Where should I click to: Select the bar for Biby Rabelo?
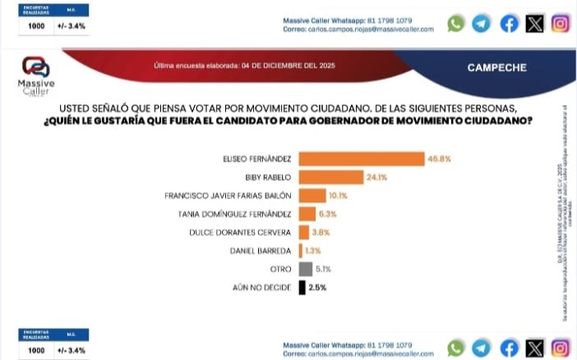pyautogui.click(x=331, y=177)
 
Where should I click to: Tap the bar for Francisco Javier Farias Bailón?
pyautogui.click(x=312, y=196)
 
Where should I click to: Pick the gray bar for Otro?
pyautogui.click(x=305, y=268)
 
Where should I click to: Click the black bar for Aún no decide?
pyautogui.click(x=302, y=287)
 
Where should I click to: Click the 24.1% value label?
pyautogui.click(x=377, y=177)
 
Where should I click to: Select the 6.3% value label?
pyautogui.click(x=329, y=214)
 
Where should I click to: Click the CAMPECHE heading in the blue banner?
pyautogui.click(x=496, y=67)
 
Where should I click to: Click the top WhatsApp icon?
pyautogui.click(x=455, y=24)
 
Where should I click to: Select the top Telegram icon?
pyautogui.click(x=482, y=24)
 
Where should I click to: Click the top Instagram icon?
pyautogui.click(x=561, y=24)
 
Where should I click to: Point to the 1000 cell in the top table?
pyautogui.click(x=36, y=26)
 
